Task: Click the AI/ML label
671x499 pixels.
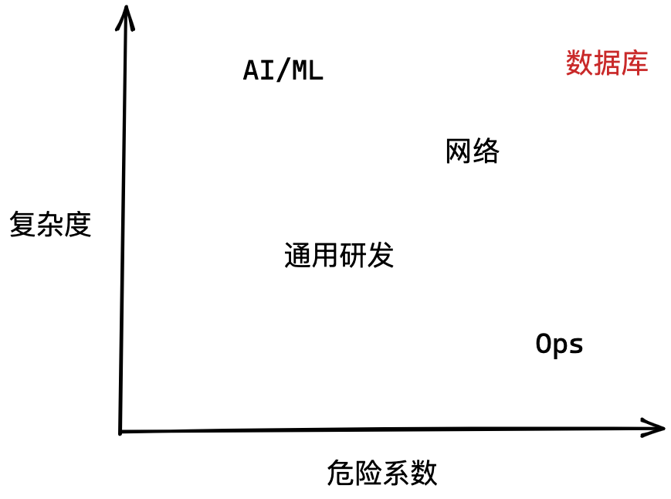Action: tap(283, 71)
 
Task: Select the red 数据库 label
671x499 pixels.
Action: tap(606, 63)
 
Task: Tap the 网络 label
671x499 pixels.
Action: tap(473, 151)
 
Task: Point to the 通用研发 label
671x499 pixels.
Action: tap(339, 255)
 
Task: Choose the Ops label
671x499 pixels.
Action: tap(559, 344)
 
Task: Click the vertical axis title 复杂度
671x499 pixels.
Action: tap(50, 225)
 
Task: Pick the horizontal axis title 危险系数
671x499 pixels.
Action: tap(381, 473)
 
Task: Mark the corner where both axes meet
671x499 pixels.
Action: tap(121, 431)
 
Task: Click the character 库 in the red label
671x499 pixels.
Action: tap(634, 63)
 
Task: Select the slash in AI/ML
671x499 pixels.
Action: tap(283, 71)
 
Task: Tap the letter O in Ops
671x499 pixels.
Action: tap(544, 344)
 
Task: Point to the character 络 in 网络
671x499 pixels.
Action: tap(486, 151)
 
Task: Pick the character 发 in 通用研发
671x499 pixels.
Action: tap(381, 255)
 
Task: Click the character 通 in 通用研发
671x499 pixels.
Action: tap(298, 255)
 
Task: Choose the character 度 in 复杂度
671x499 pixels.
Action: tap(78, 225)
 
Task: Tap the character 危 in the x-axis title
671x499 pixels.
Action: tap(341, 473)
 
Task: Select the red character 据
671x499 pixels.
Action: tap(606, 63)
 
